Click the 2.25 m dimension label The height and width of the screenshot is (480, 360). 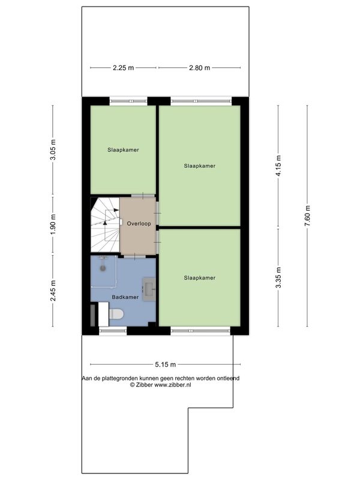pyautogui.click(x=124, y=68)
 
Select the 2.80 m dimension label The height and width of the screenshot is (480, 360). pyautogui.click(x=200, y=68)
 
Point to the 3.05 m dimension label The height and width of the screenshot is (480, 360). pyautogui.click(x=53, y=149)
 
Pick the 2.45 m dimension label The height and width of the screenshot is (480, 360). pyautogui.click(x=53, y=290)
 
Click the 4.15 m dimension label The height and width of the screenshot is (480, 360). pyautogui.click(x=278, y=166)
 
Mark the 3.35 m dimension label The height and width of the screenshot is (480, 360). pyautogui.click(x=278, y=278)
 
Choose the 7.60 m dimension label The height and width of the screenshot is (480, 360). pyautogui.click(x=307, y=215)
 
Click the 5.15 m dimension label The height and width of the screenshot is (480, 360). pyautogui.click(x=166, y=364)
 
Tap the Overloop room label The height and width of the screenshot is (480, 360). pyautogui.click(x=139, y=223)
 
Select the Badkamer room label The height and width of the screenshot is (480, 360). pyautogui.click(x=125, y=297)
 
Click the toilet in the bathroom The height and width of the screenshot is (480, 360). pyautogui.click(x=116, y=314)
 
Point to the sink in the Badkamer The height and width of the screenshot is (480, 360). pyautogui.click(x=149, y=289)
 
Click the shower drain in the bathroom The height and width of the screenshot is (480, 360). pyautogui.click(x=103, y=268)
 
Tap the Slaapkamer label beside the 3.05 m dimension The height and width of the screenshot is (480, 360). pyautogui.click(x=123, y=149)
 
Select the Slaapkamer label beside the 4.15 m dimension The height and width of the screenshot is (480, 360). pyautogui.click(x=200, y=166)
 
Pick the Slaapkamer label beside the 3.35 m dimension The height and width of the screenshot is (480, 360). pyautogui.click(x=200, y=278)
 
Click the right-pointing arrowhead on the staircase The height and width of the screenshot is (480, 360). pyautogui.click(x=116, y=210)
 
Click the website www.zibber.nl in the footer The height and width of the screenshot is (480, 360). pyautogui.click(x=173, y=385)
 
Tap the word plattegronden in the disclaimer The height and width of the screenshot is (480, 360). pyautogui.click(x=120, y=379)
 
